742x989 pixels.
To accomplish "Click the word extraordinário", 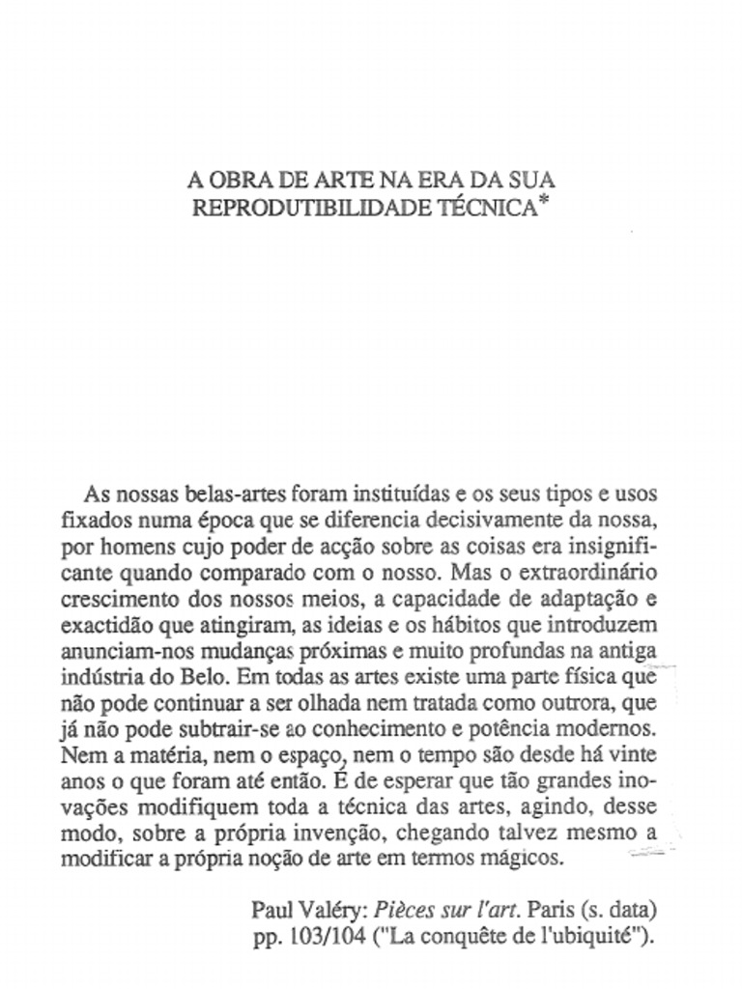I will pos(580,570).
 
